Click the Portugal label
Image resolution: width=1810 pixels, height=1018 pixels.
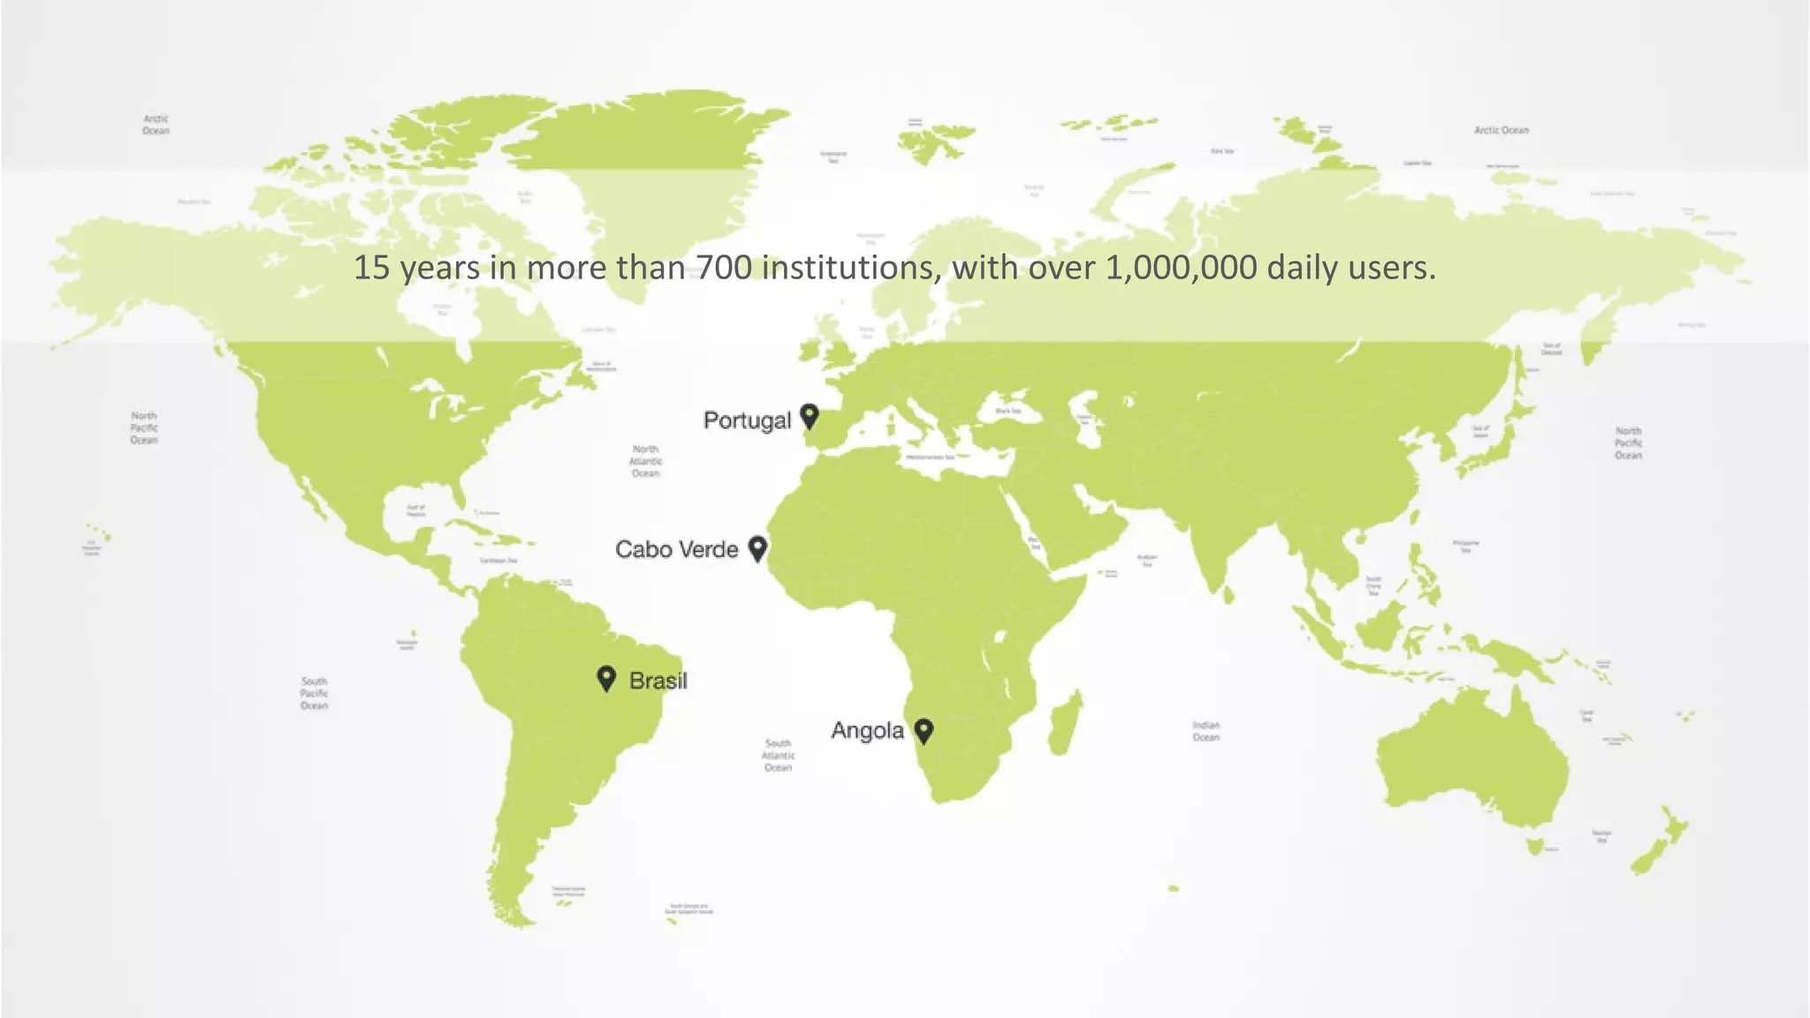click(747, 421)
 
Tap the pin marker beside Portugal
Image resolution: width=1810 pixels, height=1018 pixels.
click(809, 414)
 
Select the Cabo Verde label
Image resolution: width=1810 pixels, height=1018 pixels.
click(676, 550)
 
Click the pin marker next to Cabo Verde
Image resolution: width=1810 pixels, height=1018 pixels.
click(757, 548)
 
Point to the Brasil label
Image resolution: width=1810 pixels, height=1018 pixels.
click(658, 680)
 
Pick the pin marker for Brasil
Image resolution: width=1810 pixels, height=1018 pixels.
click(606, 678)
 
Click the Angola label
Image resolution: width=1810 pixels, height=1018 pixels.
click(867, 731)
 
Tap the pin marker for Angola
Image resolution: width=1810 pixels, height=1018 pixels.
click(924, 730)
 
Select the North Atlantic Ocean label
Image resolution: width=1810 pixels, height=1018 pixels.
click(645, 461)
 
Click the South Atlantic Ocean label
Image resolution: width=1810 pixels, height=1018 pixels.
click(778, 756)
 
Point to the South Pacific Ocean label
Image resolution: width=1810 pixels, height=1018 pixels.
click(314, 694)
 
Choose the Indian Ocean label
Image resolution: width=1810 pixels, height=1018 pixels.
click(1205, 731)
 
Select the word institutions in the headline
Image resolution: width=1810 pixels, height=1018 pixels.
click(850, 268)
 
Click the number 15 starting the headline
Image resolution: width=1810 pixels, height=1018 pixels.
click(371, 268)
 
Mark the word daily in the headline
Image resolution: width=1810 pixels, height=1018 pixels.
click(1302, 268)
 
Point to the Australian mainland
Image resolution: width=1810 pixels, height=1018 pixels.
click(1472, 760)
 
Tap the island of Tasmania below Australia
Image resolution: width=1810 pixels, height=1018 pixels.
click(1535, 847)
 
